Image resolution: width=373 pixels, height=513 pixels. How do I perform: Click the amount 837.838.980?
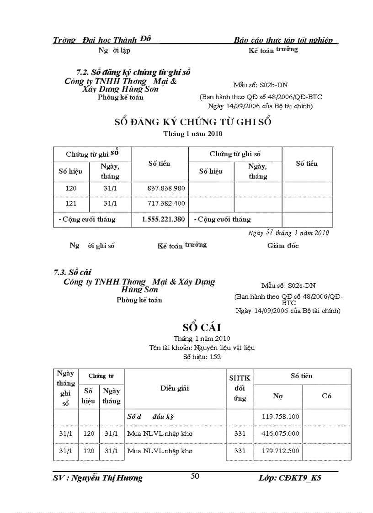coord(160,188)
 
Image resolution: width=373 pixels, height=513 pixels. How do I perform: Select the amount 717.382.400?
coord(160,203)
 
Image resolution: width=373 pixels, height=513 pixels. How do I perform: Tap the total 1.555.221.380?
coord(160,219)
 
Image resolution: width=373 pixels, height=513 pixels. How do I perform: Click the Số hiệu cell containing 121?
coord(71,203)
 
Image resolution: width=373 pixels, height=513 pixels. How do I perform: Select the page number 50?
coord(195,476)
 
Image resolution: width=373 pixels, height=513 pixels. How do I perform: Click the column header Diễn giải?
coord(175,388)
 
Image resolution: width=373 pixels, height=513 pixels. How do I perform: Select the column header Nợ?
coord(278,396)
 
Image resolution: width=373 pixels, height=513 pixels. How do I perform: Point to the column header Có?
coord(326,396)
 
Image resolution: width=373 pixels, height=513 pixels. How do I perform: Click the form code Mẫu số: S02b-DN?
coord(260,85)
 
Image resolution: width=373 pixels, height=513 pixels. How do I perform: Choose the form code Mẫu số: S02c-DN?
coord(288,286)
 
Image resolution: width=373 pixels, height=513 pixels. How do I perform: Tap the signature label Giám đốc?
coord(283,246)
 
